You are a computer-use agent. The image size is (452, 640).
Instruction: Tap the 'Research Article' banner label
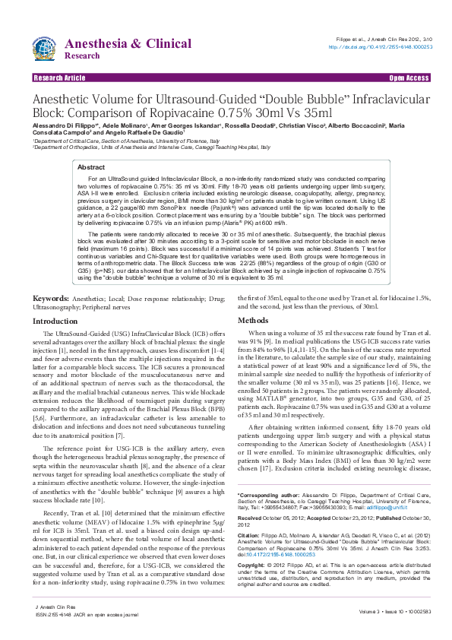click(59, 78)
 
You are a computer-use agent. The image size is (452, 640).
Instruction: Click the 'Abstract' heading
click(91, 166)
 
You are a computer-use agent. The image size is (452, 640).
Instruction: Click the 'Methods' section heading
click(254, 322)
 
